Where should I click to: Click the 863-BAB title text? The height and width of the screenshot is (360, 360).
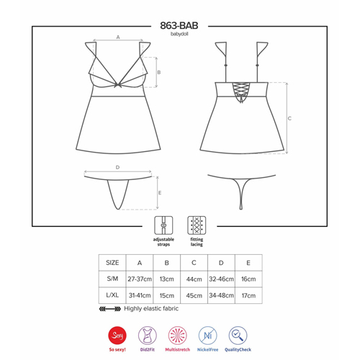click(179, 26)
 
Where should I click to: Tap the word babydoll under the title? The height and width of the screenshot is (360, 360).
click(179, 34)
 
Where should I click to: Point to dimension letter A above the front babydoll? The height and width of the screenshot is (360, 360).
click(118, 37)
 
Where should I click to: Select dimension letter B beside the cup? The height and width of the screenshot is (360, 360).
click(159, 72)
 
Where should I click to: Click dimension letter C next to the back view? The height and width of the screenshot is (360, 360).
click(289, 118)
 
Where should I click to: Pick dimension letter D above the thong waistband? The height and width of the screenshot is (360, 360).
click(117, 167)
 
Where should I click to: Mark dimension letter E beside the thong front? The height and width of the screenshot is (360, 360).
click(160, 193)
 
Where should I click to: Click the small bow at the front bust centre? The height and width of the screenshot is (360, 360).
click(117, 85)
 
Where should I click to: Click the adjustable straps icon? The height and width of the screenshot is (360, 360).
click(163, 225)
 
